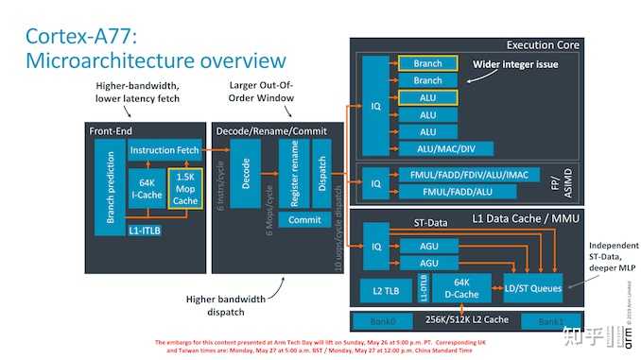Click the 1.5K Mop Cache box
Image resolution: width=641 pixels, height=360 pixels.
184,189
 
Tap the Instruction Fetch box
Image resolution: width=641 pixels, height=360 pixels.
165,150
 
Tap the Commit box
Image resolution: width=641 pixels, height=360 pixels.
303,219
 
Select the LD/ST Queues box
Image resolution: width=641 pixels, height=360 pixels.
533,287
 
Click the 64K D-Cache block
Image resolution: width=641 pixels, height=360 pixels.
463,287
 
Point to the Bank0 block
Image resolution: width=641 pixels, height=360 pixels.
383,320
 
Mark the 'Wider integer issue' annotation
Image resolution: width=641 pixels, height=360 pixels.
513,63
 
